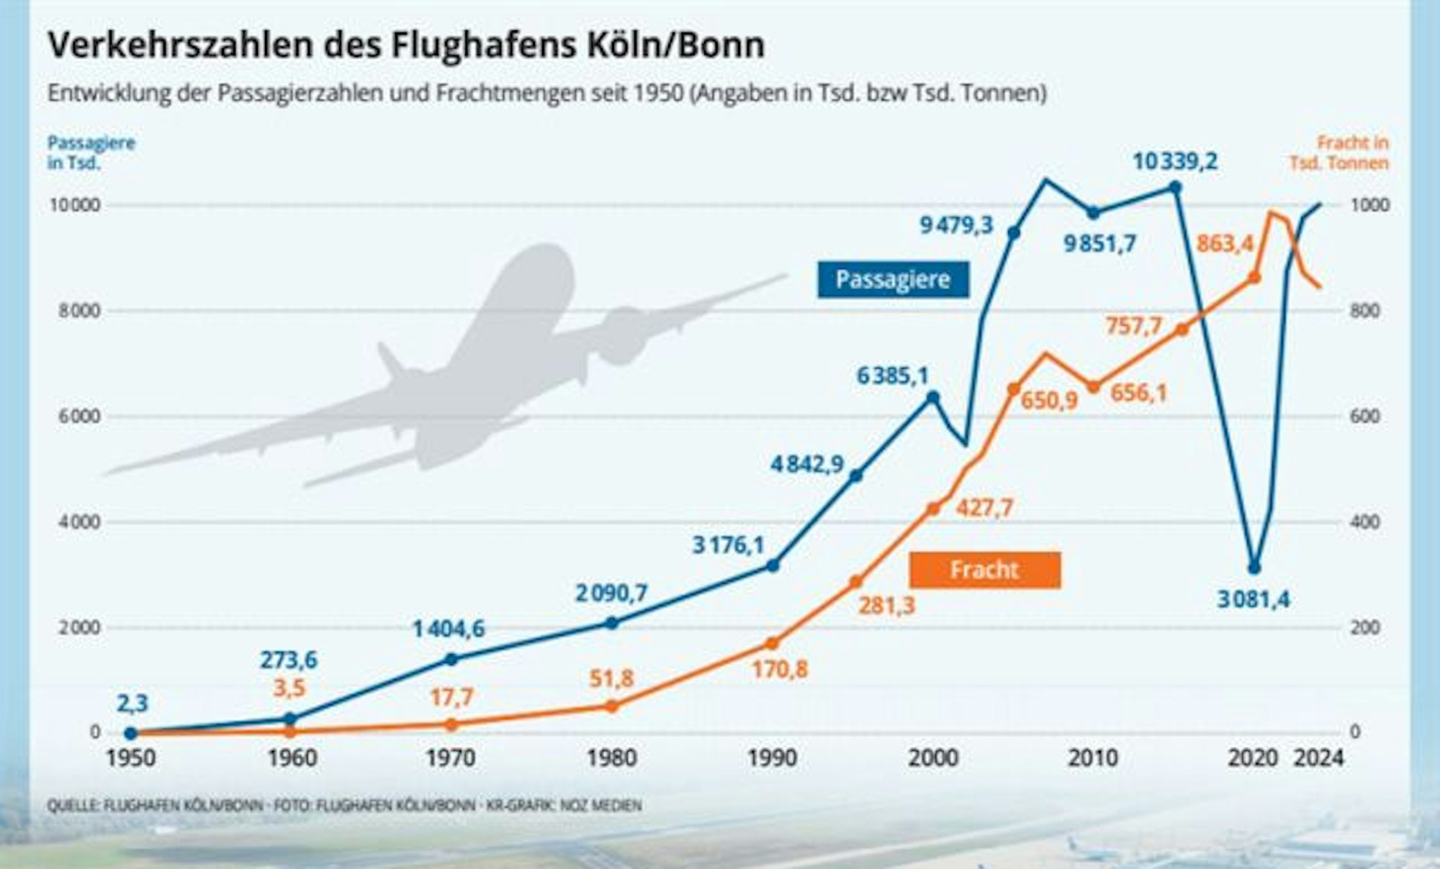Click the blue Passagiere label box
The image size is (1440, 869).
coord(893,279)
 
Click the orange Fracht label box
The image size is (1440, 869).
coord(984,570)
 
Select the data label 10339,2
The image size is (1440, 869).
coord(1174,161)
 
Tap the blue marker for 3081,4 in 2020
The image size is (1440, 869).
coord(1254,568)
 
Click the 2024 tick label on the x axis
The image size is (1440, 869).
coord(1319,757)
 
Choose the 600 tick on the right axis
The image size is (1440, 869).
coord(1364,417)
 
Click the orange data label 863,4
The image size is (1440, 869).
coord(1225,244)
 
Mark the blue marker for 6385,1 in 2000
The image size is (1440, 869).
coord(932,397)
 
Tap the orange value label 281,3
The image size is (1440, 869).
coord(886,606)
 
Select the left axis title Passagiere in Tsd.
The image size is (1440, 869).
coord(91,153)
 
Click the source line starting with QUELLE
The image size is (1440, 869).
coord(344,805)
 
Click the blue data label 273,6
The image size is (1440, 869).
coord(288,659)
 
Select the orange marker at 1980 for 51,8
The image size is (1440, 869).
coord(611,706)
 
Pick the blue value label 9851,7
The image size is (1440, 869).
coord(1099,244)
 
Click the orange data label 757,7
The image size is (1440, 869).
coord(1134,326)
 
